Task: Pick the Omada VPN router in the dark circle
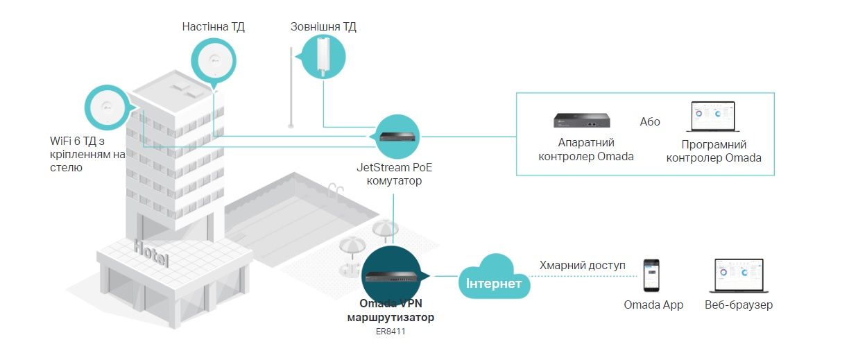pyautogui.click(x=396, y=276)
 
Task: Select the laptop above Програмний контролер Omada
pyautogui.click(x=713, y=118)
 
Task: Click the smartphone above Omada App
pyautogui.click(x=651, y=275)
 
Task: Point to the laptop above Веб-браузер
pyautogui.click(x=739, y=276)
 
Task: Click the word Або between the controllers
pyautogui.click(x=650, y=122)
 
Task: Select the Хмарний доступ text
pyautogui.click(x=582, y=266)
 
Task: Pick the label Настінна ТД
pyautogui.click(x=213, y=27)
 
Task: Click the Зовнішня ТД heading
pyautogui.click(x=323, y=27)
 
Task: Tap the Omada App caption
pyautogui.click(x=653, y=305)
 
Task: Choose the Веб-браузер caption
pyautogui.click(x=738, y=305)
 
